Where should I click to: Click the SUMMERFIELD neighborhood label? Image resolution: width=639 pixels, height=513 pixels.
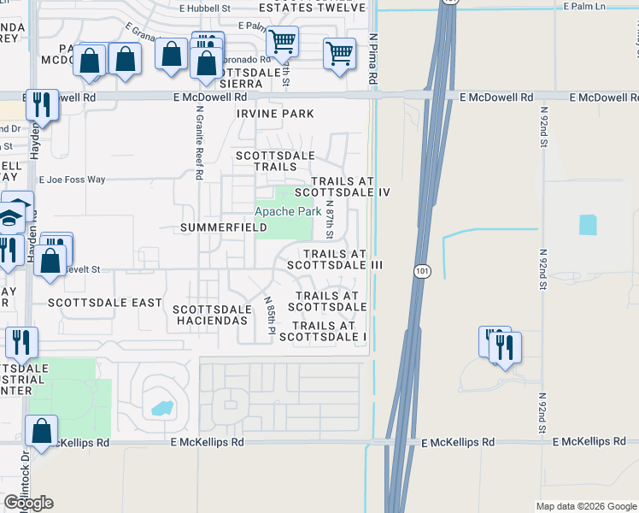coord(224,228)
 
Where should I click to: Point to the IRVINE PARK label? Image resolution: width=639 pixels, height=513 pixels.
coord(275,114)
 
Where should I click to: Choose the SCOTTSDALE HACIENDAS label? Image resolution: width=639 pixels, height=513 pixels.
coord(212,315)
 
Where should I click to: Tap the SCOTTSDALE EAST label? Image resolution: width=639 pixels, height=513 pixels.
coord(105,303)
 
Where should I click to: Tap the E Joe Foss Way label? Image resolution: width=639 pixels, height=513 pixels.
coord(73,180)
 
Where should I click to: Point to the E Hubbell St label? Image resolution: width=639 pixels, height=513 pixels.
coord(205,8)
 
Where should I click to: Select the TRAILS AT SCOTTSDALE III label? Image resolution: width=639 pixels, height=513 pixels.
coord(333,260)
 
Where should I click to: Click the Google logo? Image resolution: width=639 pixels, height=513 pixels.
coord(29,503)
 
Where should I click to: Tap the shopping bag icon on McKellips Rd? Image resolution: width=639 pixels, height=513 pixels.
coord(41,432)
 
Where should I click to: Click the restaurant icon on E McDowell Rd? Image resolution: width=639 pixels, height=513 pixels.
coord(42,105)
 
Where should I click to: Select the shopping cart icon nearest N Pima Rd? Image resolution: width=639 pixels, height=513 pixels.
coord(340,54)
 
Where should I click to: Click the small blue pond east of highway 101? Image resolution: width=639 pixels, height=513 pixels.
coord(588,225)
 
